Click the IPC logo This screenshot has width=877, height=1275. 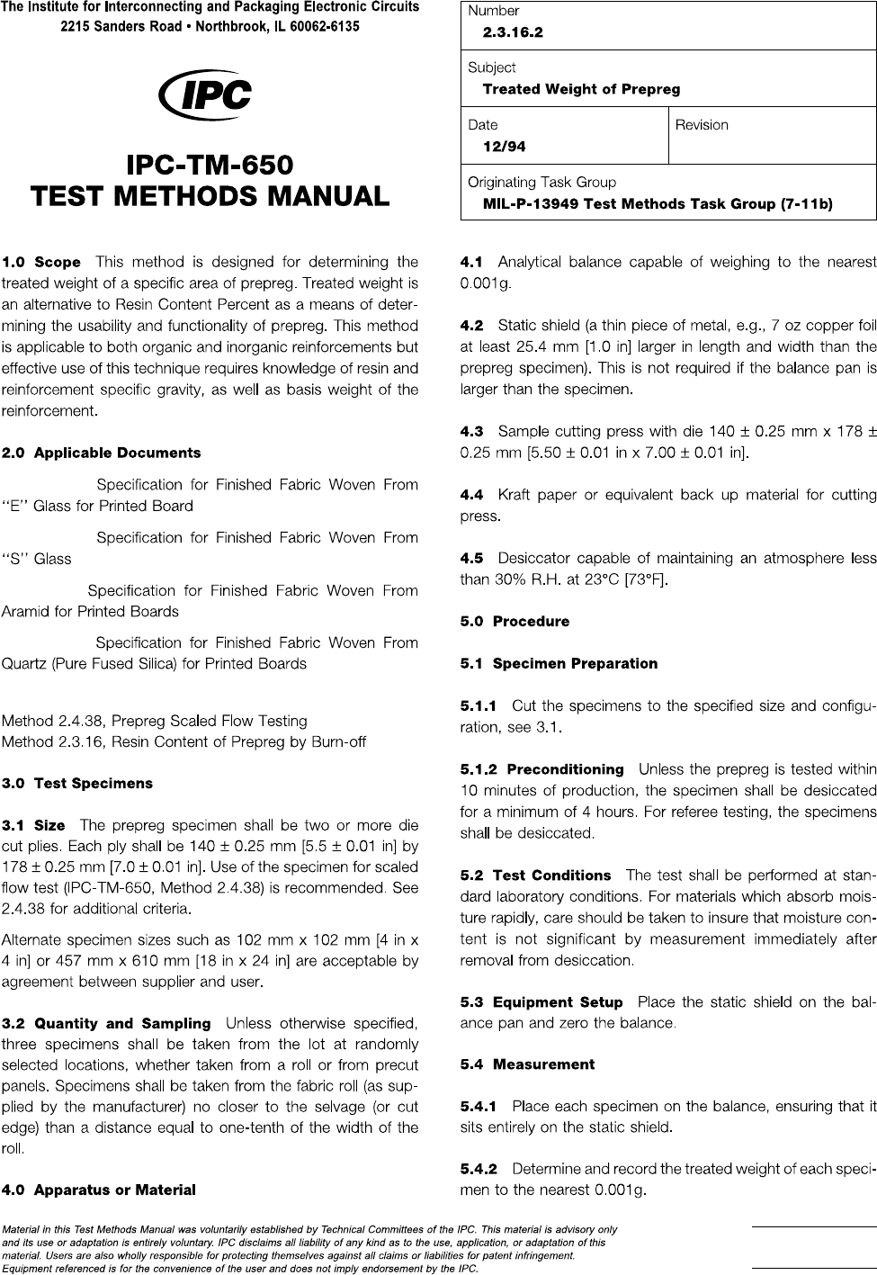click(204, 96)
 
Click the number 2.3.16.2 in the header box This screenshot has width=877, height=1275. click(513, 32)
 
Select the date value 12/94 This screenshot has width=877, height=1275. click(505, 146)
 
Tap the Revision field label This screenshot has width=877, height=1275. click(702, 125)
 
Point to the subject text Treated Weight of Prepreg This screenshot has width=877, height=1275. click(581, 89)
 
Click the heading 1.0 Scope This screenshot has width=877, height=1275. click(41, 263)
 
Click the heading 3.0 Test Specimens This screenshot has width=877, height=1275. click(77, 783)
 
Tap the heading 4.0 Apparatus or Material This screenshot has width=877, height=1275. click(99, 1190)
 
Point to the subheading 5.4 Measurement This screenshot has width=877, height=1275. click(527, 1064)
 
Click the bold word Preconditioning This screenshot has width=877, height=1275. click(565, 769)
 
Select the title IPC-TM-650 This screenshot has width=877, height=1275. click(210, 166)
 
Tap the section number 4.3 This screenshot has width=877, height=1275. click(471, 431)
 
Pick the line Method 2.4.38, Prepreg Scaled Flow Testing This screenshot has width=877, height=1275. click(155, 721)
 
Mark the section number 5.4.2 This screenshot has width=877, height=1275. click(479, 1170)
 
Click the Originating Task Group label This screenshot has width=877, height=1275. click(541, 182)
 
